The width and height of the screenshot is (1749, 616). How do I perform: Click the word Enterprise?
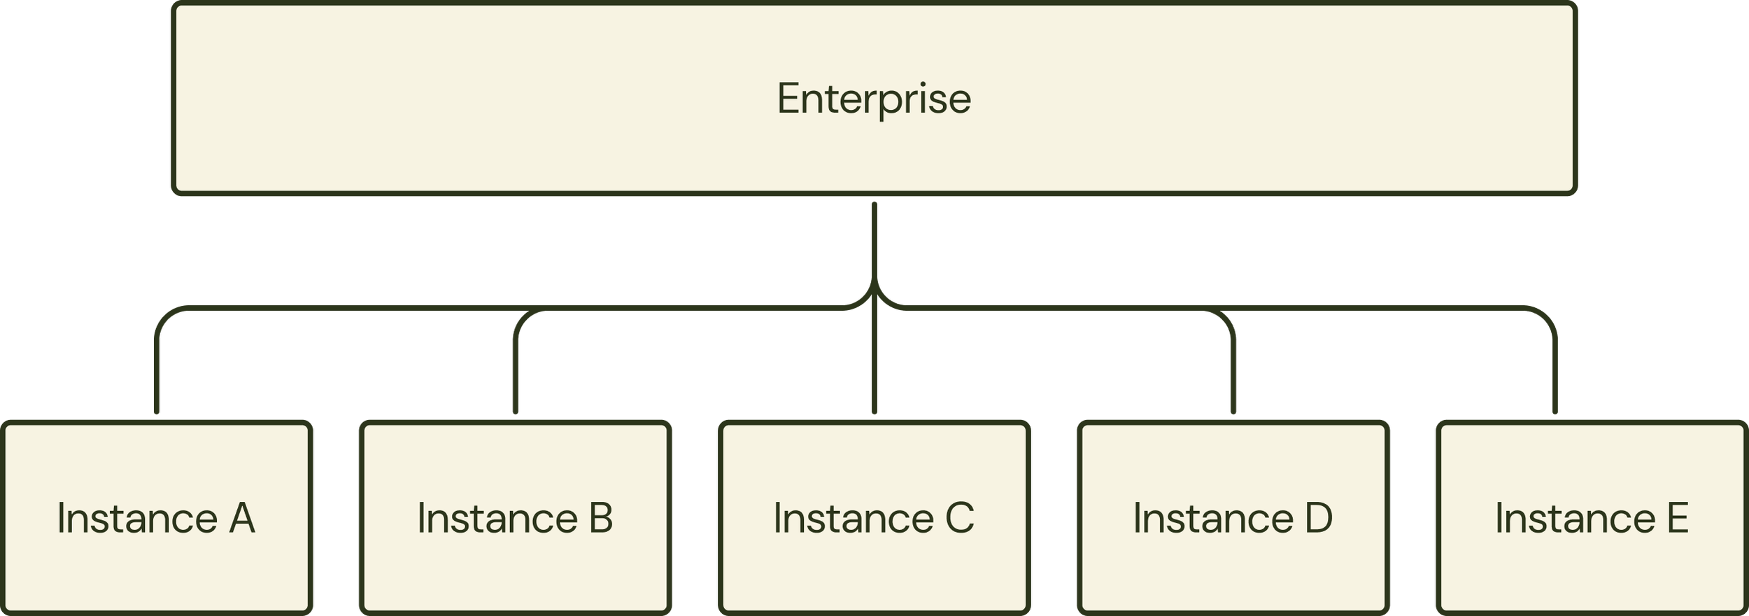[874, 99]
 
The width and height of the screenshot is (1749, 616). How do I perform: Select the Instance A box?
[156, 518]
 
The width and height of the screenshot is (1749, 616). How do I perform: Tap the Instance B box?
[515, 518]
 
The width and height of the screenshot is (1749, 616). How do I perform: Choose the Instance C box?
[874, 518]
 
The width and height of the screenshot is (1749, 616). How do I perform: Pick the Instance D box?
[1233, 518]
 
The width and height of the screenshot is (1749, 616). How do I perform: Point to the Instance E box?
[1592, 518]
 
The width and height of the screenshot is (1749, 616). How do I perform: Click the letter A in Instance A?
[242, 519]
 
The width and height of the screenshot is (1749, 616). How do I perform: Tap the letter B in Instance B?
[601, 519]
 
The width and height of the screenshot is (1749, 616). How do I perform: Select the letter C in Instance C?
[960, 519]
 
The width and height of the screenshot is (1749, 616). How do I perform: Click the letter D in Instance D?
[1319, 519]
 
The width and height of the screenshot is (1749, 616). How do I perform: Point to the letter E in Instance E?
[1678, 519]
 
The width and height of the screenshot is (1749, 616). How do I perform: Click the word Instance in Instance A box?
[137, 519]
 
